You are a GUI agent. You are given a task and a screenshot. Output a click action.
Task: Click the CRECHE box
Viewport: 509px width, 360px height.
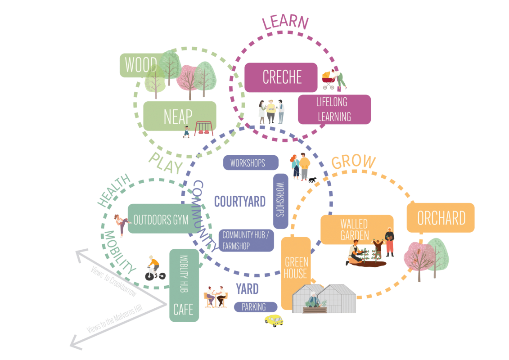tap(281, 77)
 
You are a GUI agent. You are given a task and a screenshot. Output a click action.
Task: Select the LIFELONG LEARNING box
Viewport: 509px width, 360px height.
tap(334, 109)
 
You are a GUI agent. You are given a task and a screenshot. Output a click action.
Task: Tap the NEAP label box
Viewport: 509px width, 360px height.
tap(178, 117)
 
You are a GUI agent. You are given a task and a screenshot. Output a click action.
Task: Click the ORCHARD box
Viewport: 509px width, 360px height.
tap(441, 218)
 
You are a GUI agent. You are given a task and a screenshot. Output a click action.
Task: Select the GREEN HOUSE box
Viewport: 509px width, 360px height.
tap(296, 268)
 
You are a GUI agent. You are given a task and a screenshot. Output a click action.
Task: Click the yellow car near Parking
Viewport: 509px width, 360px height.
tap(274, 320)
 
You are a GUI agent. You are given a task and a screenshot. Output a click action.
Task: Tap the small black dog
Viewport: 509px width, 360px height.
tap(312, 180)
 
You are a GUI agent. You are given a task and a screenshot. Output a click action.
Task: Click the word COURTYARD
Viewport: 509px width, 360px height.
tap(239, 201)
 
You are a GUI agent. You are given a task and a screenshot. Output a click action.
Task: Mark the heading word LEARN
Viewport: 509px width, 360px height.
tap(285, 22)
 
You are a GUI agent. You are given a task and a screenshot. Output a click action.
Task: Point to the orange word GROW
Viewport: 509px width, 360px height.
tap(353, 162)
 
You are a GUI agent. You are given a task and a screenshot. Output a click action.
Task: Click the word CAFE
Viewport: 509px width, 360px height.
tap(184, 310)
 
